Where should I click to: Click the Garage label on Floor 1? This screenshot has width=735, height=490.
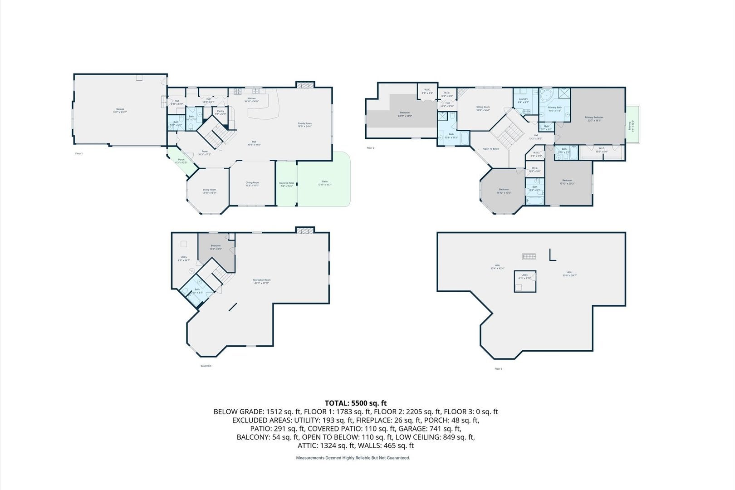point(120,109)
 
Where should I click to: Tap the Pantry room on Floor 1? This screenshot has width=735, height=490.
point(220,112)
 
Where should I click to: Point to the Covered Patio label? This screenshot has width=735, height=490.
point(287,184)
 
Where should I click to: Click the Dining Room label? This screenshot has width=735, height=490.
point(252,183)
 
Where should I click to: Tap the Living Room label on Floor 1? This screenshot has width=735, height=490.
point(209,191)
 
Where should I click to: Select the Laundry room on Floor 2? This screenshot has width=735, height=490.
point(523,100)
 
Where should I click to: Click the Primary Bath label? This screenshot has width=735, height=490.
point(554,108)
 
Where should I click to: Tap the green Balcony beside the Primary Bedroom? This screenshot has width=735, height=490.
point(632,125)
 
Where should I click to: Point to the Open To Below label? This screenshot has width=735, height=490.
point(491,149)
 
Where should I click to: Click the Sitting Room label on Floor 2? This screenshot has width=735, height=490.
point(483,108)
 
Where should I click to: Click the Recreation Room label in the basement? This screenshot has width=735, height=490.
point(261,281)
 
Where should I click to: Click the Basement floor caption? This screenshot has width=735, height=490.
point(206,366)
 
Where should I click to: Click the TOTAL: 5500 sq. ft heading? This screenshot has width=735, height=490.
point(356,402)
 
